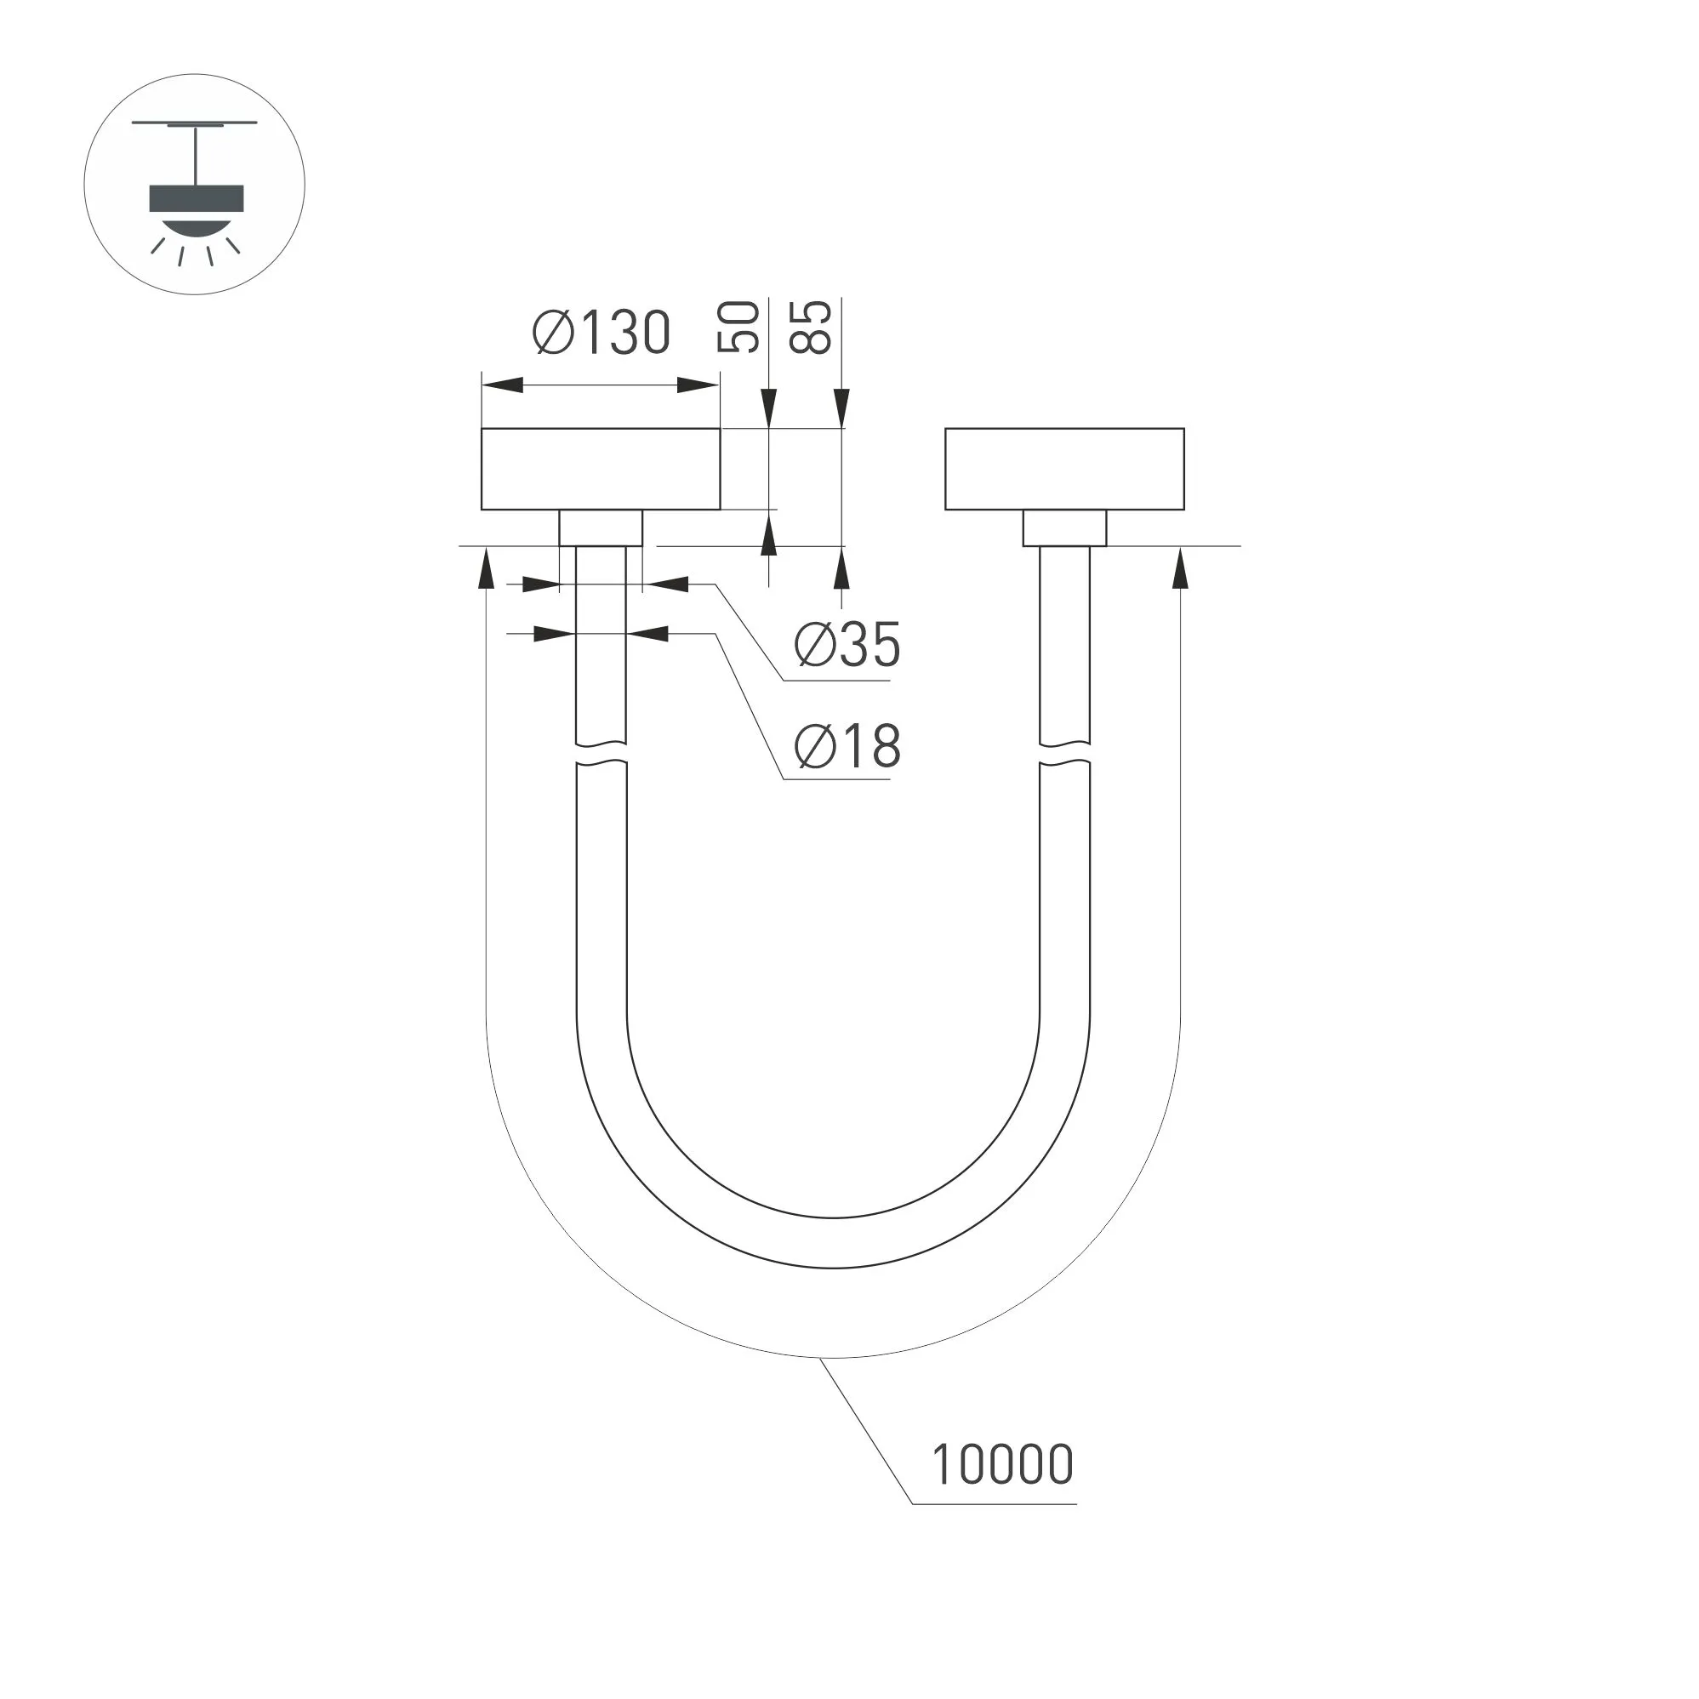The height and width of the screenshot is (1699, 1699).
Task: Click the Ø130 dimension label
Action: [x=601, y=334]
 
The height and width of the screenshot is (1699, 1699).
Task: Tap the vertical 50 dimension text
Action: [x=738, y=328]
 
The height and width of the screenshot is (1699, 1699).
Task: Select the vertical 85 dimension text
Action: [x=810, y=328]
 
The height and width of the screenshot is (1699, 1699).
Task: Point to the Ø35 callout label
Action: [x=847, y=645]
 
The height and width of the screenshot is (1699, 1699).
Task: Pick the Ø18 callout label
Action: [x=847, y=746]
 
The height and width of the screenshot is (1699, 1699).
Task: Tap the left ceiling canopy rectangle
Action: [x=601, y=469]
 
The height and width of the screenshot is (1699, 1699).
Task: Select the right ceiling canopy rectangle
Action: [x=1064, y=469]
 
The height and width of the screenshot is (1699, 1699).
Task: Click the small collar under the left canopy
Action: [x=601, y=527]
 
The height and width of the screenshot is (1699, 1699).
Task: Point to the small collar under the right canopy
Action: [x=1064, y=527]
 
